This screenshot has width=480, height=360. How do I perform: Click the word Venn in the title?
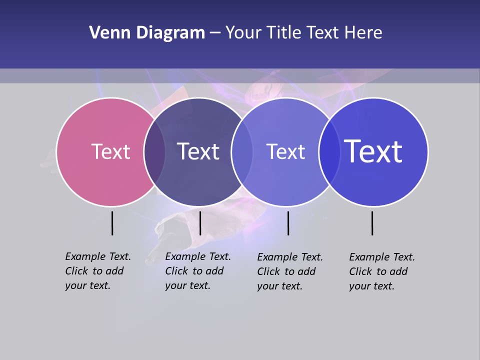pos(106,33)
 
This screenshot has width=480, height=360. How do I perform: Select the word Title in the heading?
pos(284,33)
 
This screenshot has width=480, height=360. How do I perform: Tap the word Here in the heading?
pos(363,33)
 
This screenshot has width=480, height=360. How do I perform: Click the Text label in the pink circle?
pos(110,151)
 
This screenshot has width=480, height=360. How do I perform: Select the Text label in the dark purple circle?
pos(198,151)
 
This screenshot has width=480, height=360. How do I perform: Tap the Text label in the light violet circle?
pos(285,151)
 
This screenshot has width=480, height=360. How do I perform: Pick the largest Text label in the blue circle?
pos(373,151)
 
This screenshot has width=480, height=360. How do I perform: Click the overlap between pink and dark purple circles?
pos(154,151)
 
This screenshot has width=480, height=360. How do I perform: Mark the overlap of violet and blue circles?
pos(329,151)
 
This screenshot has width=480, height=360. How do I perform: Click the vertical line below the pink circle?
pos(112,223)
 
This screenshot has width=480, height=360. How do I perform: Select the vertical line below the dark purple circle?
pos(200,223)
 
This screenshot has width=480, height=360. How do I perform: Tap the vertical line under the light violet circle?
pos(288,223)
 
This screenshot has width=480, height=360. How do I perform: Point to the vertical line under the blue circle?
pos(372,223)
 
